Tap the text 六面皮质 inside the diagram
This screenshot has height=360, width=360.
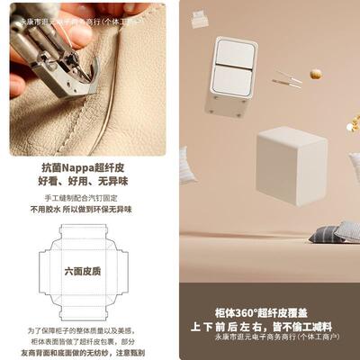(x=84, y=269)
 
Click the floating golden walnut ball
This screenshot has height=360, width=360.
(x=316, y=74)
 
